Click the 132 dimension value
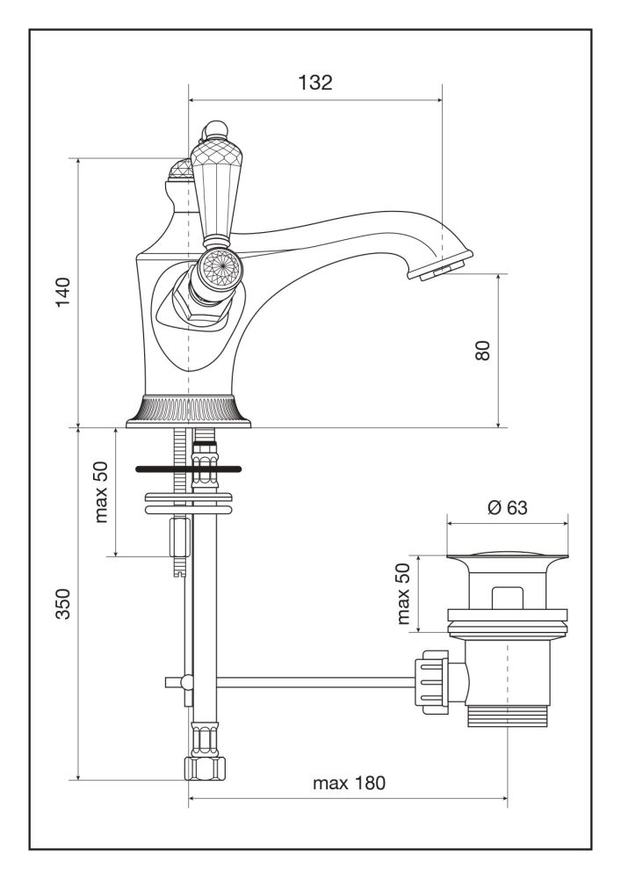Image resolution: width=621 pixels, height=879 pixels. coord(315,83)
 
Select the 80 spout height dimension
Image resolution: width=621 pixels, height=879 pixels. coord(481,349)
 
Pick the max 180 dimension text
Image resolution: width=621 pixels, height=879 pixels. coord(350,782)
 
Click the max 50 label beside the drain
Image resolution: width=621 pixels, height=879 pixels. coord(403,594)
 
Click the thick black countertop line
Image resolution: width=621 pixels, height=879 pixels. coord(188,470)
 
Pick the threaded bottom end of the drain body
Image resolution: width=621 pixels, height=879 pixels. coord(506,716)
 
